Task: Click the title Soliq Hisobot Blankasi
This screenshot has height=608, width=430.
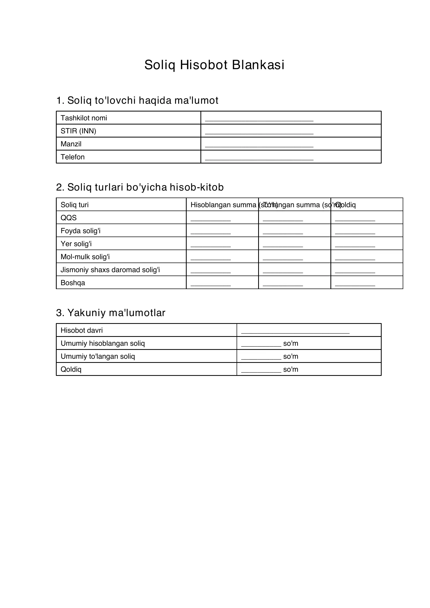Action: (x=214, y=65)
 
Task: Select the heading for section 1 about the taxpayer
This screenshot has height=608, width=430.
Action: (x=137, y=100)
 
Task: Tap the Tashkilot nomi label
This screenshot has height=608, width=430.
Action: (x=84, y=118)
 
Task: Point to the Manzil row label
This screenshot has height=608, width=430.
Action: (x=71, y=144)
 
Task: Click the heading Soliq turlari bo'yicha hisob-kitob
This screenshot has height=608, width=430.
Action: (x=140, y=187)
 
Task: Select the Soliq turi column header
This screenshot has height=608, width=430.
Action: (x=75, y=205)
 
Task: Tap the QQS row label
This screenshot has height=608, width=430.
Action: (x=69, y=218)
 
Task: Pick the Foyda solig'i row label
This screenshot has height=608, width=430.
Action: (x=81, y=231)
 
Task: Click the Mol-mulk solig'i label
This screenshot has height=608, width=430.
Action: (x=85, y=257)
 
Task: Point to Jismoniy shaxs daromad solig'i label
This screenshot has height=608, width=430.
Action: (x=110, y=270)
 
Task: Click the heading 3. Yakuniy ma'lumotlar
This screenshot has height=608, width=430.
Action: (x=111, y=313)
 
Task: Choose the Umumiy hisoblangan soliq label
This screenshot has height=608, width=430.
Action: (x=103, y=343)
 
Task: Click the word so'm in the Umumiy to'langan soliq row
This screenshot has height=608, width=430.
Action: (x=291, y=356)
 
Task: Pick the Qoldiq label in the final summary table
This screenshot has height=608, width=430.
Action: (x=71, y=369)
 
